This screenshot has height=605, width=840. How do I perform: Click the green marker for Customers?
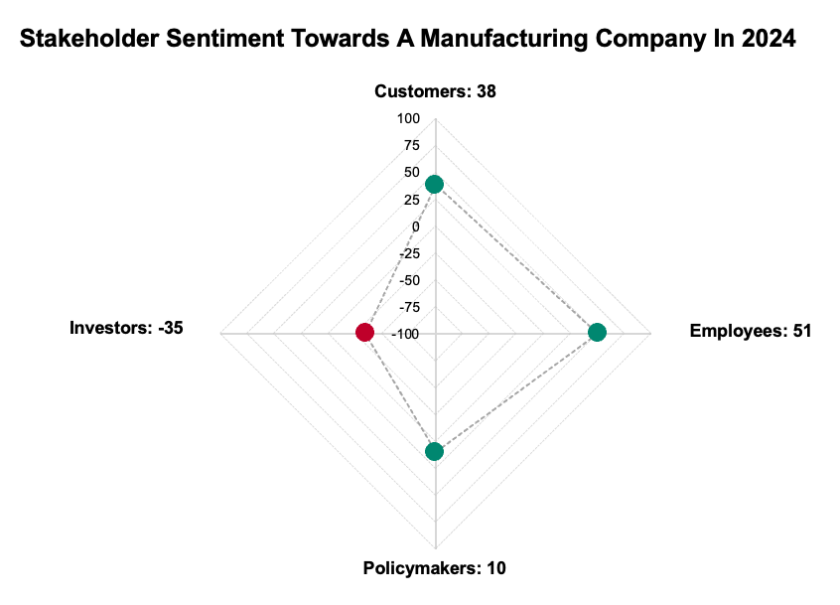pos(434,184)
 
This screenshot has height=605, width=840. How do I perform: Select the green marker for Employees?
pos(597,332)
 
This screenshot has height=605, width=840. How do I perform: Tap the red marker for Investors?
pos(364,332)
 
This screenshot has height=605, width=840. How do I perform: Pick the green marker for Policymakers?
pos(434,452)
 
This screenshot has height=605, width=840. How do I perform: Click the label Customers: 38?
pos(435,91)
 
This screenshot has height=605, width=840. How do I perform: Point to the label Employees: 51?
pos(751,331)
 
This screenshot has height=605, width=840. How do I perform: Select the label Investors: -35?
pos(126,328)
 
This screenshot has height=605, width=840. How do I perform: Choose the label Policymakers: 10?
pos(435,568)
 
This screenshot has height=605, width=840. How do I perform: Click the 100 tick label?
pos(409,119)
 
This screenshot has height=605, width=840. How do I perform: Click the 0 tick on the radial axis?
pos(416,227)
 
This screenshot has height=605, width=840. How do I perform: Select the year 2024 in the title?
pos(767,40)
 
